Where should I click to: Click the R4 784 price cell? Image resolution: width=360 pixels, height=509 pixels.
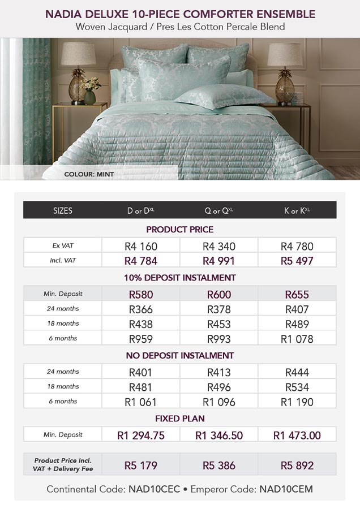[140, 261]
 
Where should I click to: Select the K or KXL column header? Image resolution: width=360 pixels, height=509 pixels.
[297, 210]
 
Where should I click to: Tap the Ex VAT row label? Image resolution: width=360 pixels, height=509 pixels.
[62, 246]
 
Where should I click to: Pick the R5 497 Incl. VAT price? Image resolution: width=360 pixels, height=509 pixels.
[297, 261]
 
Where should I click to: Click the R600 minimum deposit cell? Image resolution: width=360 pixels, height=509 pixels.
[219, 294]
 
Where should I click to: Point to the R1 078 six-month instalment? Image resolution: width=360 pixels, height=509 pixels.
[297, 339]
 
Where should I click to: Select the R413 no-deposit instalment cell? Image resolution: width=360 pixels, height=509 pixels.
[219, 372]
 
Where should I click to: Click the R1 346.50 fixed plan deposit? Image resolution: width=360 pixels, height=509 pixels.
[219, 435]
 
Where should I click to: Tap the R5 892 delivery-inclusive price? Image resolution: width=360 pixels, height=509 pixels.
[297, 465]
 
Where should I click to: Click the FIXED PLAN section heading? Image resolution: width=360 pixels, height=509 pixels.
[180, 419]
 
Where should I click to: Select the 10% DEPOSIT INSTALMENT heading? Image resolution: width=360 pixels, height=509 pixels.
[180, 278]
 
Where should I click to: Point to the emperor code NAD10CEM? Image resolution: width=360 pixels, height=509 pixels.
[286, 489]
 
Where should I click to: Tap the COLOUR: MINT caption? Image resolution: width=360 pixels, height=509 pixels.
[89, 174]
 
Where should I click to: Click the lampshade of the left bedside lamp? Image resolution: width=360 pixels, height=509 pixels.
[78, 55]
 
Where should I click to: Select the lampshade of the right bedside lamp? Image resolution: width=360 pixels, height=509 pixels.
[285, 55]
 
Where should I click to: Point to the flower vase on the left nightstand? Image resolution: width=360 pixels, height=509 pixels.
[89, 96]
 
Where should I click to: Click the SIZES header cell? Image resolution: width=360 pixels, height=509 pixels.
[62, 210]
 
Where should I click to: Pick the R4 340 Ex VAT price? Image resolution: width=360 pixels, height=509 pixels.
[219, 246]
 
